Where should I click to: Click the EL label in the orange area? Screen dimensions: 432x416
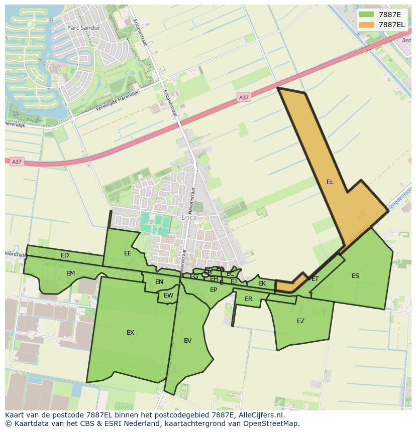(330, 182)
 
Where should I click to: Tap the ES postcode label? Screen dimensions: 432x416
(355, 276)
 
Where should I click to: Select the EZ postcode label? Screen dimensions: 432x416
(300, 321)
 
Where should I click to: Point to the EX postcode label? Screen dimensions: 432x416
(130, 333)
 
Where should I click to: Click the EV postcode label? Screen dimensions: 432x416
(187, 341)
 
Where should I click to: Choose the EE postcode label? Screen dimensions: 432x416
(128, 253)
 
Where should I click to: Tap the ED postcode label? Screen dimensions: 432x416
(65, 255)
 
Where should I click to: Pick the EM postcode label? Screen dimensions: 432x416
(70, 273)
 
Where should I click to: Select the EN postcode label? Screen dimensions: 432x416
(159, 282)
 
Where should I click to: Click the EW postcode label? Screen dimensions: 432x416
(168, 296)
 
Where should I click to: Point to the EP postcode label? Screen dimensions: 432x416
(214, 290)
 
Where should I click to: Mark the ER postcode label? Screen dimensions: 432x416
(248, 299)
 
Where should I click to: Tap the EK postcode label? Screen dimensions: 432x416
(262, 283)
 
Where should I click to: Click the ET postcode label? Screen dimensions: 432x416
(315, 279)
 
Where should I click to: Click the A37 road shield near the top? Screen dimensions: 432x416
(244, 97)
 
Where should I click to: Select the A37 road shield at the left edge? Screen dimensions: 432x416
(17, 162)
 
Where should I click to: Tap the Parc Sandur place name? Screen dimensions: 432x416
(83, 28)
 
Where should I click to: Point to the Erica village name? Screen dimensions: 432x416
(188, 218)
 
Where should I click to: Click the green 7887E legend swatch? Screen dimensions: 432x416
(367, 15)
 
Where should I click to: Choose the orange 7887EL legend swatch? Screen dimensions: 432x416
(367, 25)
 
